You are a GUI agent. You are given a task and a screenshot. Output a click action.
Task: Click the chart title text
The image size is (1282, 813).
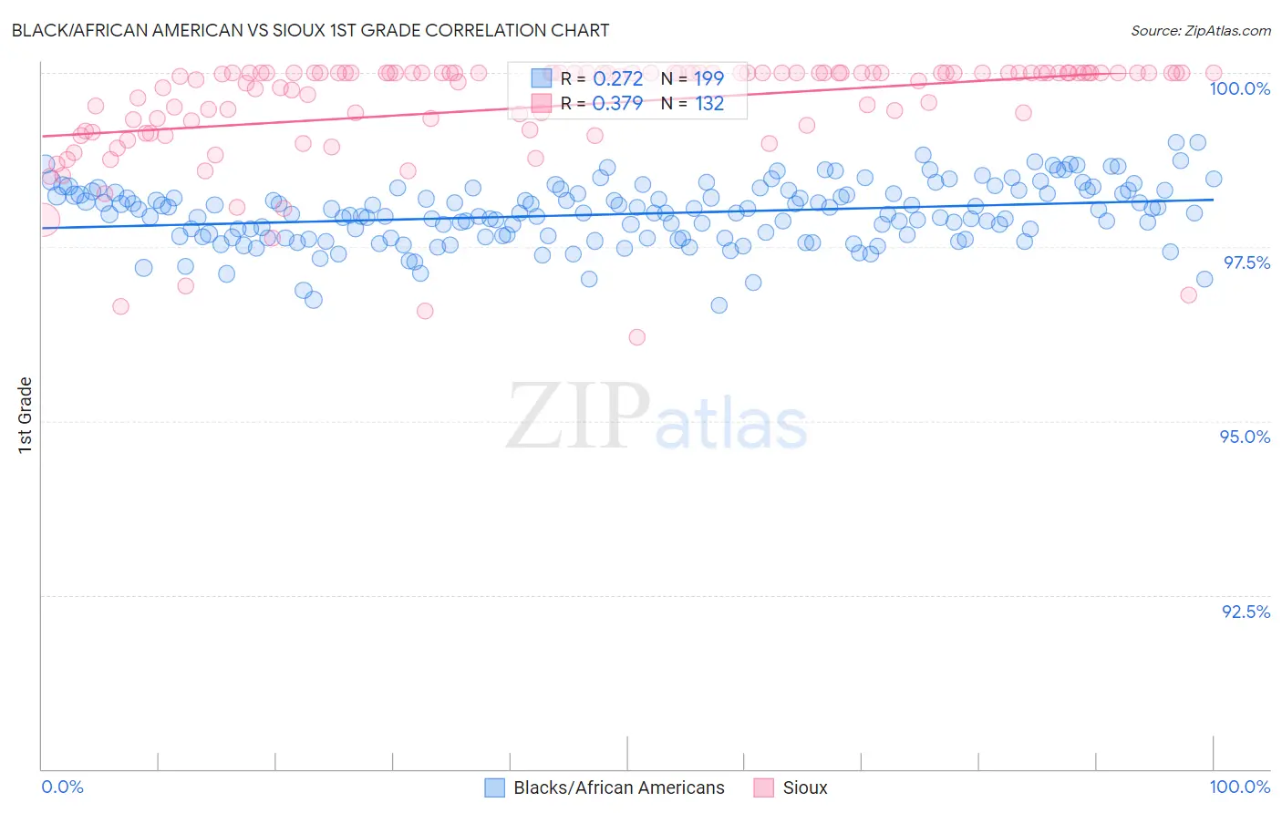click(x=310, y=30)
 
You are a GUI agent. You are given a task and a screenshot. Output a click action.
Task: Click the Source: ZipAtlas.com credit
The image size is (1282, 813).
click(x=1200, y=30)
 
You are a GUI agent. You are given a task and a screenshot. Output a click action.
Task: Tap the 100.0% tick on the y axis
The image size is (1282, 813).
click(x=1239, y=88)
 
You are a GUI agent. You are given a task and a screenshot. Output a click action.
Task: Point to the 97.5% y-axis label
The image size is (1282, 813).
click(x=1246, y=262)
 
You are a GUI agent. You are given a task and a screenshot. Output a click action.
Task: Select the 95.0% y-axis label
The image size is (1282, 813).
click(x=1245, y=437)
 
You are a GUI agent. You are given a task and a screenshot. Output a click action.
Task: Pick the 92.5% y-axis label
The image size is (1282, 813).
click(x=1246, y=612)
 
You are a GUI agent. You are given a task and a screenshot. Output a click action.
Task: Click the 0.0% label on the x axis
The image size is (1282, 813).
click(x=62, y=787)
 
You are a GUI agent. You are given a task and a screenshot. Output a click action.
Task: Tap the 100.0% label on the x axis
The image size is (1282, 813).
click(x=1239, y=787)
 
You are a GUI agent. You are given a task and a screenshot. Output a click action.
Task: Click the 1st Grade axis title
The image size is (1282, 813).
click(x=26, y=415)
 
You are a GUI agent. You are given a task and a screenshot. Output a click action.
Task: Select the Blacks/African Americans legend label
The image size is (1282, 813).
click(x=618, y=787)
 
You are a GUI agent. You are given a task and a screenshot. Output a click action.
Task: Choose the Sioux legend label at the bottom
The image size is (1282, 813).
click(x=804, y=787)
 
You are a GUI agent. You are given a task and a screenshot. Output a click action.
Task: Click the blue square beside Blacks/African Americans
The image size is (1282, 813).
click(x=494, y=787)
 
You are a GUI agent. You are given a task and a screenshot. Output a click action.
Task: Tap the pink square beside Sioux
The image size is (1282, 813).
click(x=764, y=787)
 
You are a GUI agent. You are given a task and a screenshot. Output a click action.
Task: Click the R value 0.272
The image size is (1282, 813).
click(x=617, y=78)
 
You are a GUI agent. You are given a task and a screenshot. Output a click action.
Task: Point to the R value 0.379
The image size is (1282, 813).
click(x=617, y=103)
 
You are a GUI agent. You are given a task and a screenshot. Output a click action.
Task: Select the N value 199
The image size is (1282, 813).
click(x=708, y=78)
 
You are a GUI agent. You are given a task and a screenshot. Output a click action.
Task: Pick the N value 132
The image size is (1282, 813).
click(x=708, y=103)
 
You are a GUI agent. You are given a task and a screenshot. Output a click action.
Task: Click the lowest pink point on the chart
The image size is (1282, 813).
click(x=637, y=337)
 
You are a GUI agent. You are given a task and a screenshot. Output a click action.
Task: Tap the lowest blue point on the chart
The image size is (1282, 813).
click(x=719, y=305)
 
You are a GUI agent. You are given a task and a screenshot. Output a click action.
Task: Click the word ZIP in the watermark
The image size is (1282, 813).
click(x=577, y=417)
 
